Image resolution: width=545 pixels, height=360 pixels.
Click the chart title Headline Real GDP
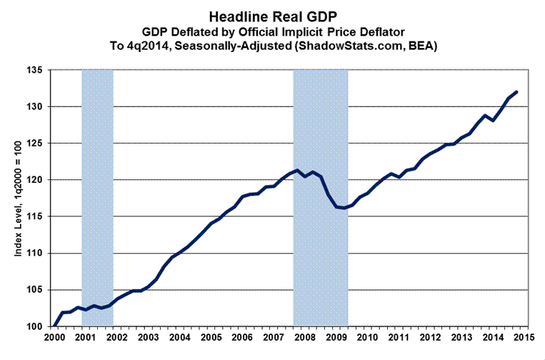coord(271,15)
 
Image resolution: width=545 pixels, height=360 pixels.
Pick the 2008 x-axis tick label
coord(304,336)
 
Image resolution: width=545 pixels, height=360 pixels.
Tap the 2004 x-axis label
coord(179,336)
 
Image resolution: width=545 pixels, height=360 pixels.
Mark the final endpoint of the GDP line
coord(516,92)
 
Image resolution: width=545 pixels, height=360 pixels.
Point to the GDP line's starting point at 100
coord(54,326)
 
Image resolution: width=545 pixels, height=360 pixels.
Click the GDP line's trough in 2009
coord(344,208)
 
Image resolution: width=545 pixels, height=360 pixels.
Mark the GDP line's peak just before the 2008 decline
coord(297,170)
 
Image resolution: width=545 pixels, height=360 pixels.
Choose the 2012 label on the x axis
coord(429,336)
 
